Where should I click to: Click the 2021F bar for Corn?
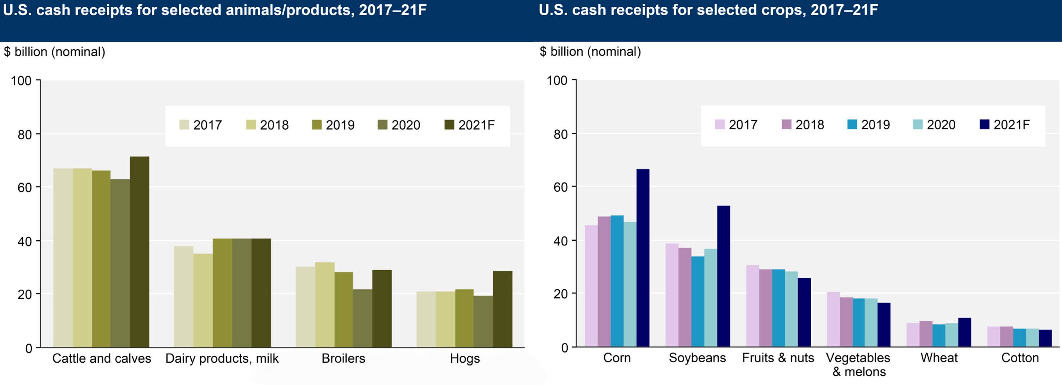point(643,258)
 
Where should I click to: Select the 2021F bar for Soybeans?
point(724,276)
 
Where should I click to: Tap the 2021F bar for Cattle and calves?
point(139,252)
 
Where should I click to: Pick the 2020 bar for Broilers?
point(363,318)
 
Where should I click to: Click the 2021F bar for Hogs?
point(503,309)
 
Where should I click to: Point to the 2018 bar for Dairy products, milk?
point(203,301)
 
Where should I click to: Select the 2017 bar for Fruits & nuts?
point(752,306)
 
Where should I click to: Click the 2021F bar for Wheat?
point(964,332)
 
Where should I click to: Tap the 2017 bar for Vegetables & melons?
point(833,319)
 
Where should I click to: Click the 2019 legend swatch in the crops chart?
point(852,124)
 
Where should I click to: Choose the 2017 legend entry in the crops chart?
point(736,124)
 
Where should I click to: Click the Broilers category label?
point(343,358)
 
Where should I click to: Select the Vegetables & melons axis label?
point(858,364)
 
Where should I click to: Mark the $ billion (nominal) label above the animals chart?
point(54,52)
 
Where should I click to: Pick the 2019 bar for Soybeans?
point(698,301)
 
